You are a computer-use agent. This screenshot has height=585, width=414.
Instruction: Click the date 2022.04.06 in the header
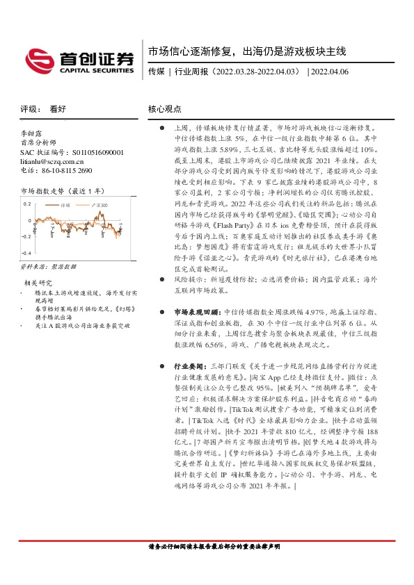coord(331,71)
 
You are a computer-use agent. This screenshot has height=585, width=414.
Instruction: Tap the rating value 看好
coord(58,109)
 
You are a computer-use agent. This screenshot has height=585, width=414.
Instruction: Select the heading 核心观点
coord(164,109)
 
